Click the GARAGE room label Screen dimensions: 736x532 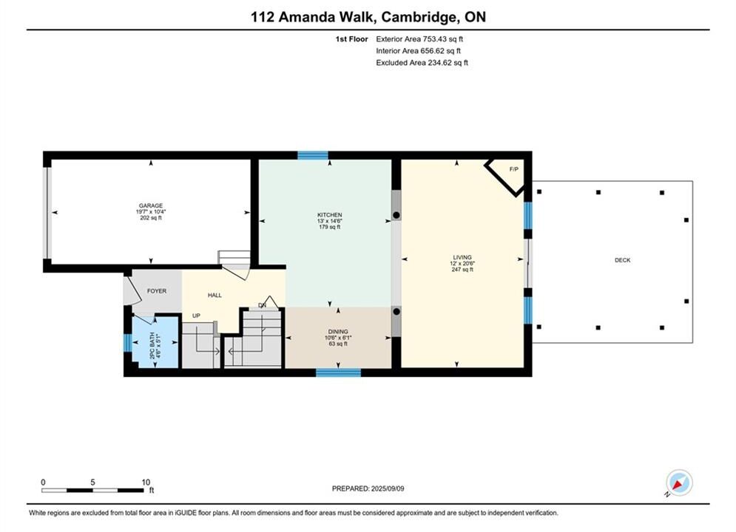tap(151, 205)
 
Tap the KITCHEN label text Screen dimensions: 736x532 tap(329, 215)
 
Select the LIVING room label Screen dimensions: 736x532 tap(462, 257)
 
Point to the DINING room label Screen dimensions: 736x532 tap(338, 331)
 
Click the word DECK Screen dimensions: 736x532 tap(622, 260)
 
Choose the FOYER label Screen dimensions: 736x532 tap(157, 291)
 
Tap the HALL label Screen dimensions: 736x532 tap(215, 296)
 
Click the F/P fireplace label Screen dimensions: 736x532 tap(514, 169)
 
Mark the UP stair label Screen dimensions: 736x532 tap(196, 316)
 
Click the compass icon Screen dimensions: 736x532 tap(679, 482)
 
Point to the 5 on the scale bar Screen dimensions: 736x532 tap(92, 482)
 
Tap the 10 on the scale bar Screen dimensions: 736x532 tap(146, 482)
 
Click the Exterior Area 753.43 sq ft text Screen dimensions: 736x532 tap(419, 39)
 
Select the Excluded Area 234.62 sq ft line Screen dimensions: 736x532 tap(422, 63)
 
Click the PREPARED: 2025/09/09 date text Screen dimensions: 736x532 tap(368, 488)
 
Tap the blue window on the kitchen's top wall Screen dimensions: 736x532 tap(313, 156)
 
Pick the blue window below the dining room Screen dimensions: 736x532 tap(338, 372)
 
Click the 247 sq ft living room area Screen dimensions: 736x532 tap(462, 270)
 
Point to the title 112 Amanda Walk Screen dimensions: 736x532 tap(313, 17)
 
